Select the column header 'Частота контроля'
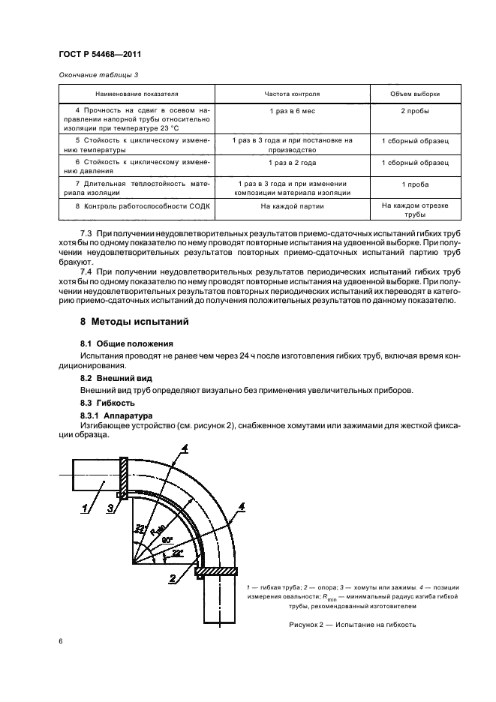[292, 94]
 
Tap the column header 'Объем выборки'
[415, 94]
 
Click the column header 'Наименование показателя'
[137, 94]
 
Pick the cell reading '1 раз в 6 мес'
[292, 111]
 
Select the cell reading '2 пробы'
[415, 111]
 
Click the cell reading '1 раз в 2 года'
[292, 162]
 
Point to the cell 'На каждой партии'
[292, 204]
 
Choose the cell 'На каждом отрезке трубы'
[415, 208]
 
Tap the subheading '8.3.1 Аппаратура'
[116, 415]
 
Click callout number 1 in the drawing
[85, 508]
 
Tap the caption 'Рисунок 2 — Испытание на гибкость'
[352, 625]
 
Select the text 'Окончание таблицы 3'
[98, 73]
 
